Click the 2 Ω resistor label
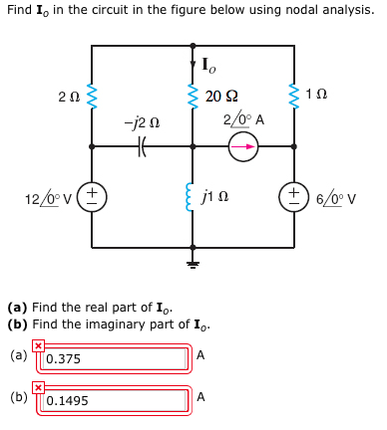tap(69, 97)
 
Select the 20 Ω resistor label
tap(221, 97)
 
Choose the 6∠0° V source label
tap(336, 197)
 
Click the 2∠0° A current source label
tap(242, 119)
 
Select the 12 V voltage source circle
tap(92, 194)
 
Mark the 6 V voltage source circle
tap(295, 195)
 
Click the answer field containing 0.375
tap(117, 358)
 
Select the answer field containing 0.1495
tap(117, 400)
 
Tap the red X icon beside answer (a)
tap(38, 345)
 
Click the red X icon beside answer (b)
tap(38, 387)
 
